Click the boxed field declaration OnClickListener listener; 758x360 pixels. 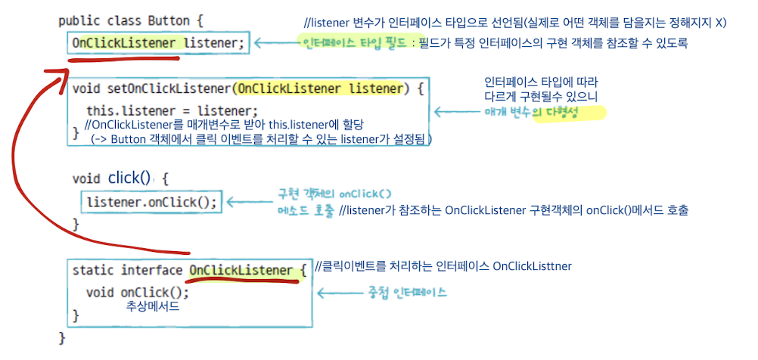point(158,43)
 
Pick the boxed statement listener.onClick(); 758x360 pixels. point(151,202)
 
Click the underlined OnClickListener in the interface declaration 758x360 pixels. point(241,270)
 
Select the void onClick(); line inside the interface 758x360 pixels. point(137,292)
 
